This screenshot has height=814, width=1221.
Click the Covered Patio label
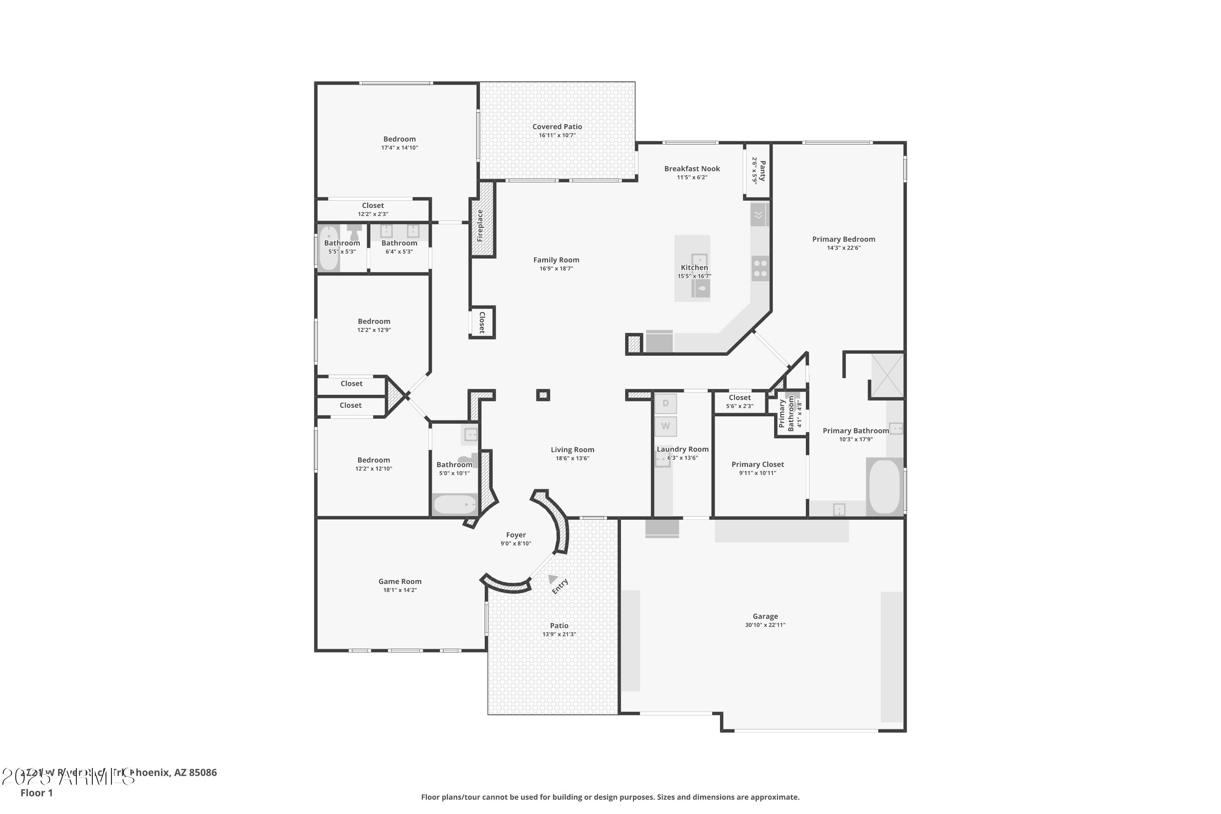pos(557,127)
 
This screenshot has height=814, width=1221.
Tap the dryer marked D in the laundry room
pos(665,403)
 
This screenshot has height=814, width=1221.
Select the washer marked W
pos(665,426)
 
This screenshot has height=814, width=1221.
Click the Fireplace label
pos(480,225)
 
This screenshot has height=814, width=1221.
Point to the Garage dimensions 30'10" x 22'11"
pos(765,625)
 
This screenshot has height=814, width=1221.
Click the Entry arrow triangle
pos(553,578)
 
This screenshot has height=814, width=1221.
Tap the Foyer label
pos(516,535)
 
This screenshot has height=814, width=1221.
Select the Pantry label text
pos(762,171)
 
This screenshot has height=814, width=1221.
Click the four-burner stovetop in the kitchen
pos(760,268)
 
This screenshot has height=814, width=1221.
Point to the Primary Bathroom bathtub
pos(884,486)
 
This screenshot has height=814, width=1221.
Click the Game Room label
pos(400,582)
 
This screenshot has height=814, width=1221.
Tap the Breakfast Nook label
pos(692,169)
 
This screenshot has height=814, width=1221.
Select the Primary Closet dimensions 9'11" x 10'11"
pos(757,473)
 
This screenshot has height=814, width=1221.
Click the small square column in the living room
pos(543,396)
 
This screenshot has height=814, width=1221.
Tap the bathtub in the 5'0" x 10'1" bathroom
pos(455,504)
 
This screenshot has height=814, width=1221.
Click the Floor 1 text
pos(36,793)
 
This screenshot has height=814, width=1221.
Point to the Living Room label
pos(572,450)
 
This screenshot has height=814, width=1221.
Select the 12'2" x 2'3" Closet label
pos(373,206)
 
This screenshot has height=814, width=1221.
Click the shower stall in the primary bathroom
pos(887,375)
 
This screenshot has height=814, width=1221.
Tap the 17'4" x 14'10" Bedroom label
pos(399,139)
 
